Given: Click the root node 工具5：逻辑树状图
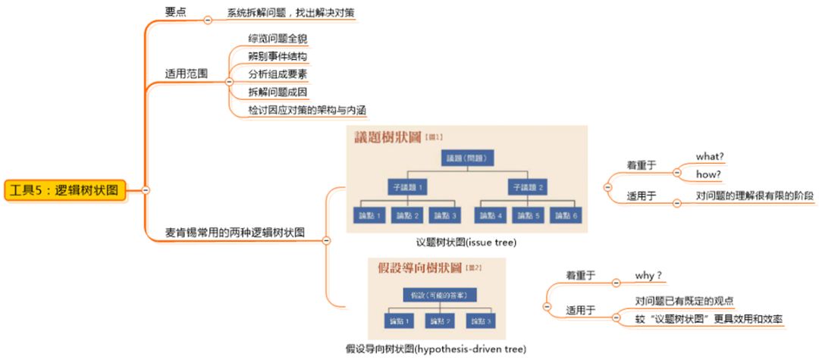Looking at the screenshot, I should [65, 189].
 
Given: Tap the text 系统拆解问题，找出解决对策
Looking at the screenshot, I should [290, 12].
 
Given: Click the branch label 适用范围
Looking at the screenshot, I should [187, 74].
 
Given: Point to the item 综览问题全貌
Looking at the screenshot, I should [278, 38].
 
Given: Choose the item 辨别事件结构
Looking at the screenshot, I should [278, 56].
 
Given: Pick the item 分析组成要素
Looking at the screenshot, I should [278, 74].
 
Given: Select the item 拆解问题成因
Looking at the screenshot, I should [278, 92].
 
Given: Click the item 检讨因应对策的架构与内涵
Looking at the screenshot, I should [307, 111].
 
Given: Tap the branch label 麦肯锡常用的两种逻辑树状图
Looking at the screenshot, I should [235, 232].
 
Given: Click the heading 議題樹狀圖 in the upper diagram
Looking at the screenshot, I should [388, 139].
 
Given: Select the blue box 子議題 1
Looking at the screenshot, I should [409, 186].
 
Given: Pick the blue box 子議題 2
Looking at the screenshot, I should [528, 186].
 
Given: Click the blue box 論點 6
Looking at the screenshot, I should [570, 215].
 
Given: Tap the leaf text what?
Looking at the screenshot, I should [709, 157].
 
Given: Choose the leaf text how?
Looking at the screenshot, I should [708, 174].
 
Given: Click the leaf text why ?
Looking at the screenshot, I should [648, 275].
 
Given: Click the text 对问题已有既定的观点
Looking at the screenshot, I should [684, 300].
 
